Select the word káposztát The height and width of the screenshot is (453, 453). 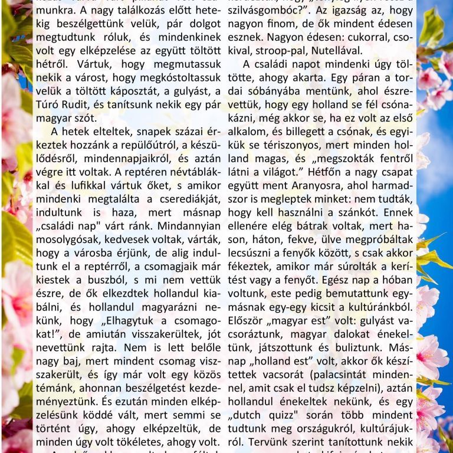[137, 91]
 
